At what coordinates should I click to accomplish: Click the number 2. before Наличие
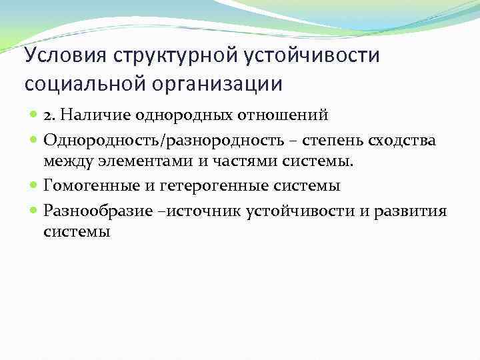51,115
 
